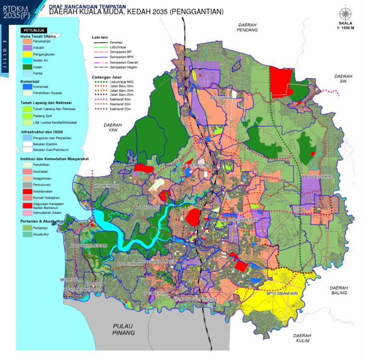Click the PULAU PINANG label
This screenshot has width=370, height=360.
click(120, 329)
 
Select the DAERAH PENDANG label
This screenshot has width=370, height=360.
click(247, 27)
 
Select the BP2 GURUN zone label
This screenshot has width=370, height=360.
click(222, 98)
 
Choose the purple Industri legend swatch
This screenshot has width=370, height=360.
click(27, 48)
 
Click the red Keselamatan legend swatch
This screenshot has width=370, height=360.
click(27, 191)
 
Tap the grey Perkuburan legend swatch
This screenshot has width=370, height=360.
click(27, 184)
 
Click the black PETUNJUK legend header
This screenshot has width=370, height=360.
click(32, 30)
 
